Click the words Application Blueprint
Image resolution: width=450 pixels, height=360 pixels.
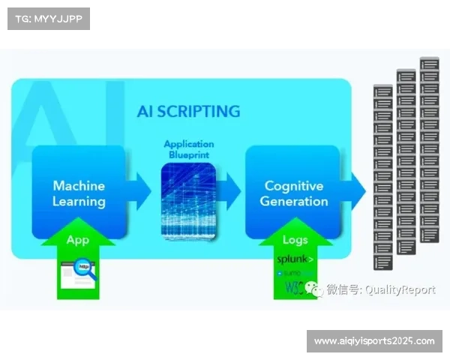coord(189,148)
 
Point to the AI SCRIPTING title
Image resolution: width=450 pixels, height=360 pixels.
coord(188,112)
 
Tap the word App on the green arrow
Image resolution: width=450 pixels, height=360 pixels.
coord(78,241)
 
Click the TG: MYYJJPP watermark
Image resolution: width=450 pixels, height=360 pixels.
coord(48,18)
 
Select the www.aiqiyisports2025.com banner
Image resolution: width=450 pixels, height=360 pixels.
coord(374,341)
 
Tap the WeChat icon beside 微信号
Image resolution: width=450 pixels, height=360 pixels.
coord(319,289)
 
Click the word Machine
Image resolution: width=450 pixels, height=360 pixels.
coord(79,184)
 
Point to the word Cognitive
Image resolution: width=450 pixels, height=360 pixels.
coord(294,185)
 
